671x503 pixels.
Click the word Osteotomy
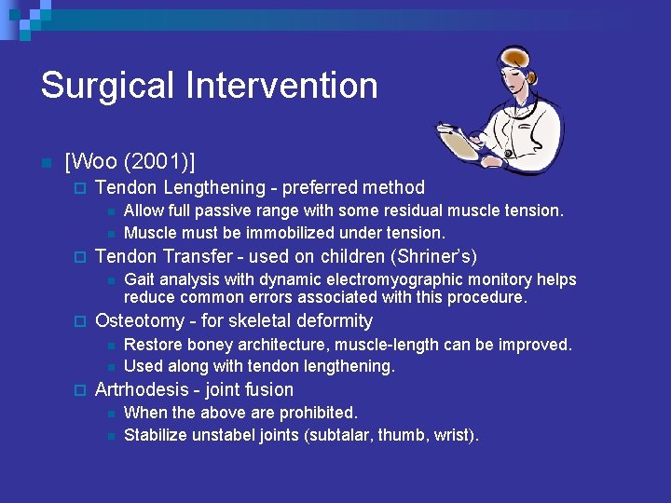[x=139, y=321]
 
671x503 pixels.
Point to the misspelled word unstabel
[x=222, y=435]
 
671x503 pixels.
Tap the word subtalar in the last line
[x=339, y=435]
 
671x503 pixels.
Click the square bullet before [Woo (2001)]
[x=45, y=163]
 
